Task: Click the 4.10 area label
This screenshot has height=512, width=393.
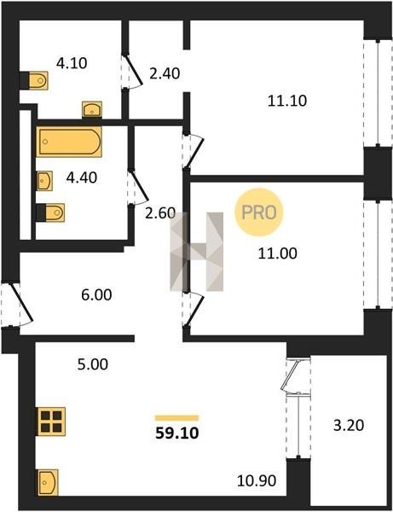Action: [x=72, y=63]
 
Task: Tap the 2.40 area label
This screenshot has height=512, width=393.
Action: [x=165, y=73]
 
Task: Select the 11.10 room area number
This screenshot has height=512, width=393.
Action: [x=287, y=101]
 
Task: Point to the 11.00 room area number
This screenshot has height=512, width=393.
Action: [x=278, y=253]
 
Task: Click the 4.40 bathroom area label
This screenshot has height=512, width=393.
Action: [x=82, y=178]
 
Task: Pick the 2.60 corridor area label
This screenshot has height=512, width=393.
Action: [x=160, y=213]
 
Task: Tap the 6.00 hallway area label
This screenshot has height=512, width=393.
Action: [x=96, y=295]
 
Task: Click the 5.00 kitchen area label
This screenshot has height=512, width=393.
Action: [x=93, y=364]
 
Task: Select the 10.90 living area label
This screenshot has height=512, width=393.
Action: [x=257, y=480]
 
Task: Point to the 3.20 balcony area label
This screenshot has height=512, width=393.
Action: [x=349, y=426]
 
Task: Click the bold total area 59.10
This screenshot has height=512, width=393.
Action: [x=177, y=433]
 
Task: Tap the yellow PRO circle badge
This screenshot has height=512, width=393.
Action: [x=259, y=212]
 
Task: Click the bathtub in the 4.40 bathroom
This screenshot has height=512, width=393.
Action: [x=69, y=142]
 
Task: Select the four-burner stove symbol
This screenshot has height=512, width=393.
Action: [x=51, y=422]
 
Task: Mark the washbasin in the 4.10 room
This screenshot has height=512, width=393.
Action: [x=92, y=110]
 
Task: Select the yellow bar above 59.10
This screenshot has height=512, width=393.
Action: [x=177, y=418]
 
